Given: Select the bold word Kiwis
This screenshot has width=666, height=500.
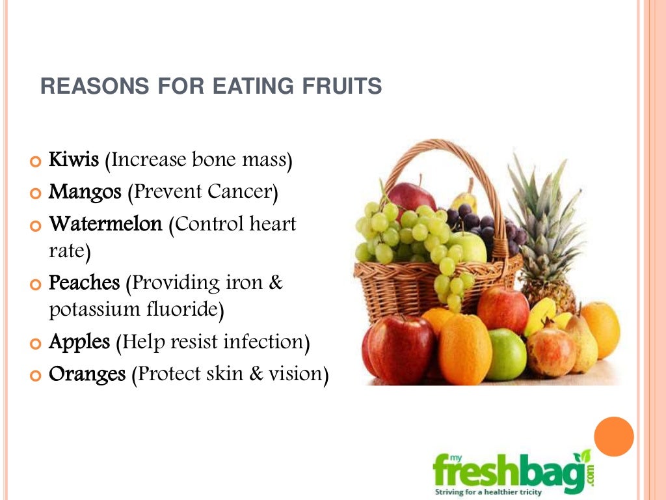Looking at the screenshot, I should (x=74, y=160).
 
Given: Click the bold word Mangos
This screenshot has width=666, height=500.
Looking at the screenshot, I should (x=85, y=192).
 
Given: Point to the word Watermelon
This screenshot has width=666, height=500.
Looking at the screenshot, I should (x=105, y=225).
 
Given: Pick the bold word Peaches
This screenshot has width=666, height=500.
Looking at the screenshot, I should (x=85, y=283).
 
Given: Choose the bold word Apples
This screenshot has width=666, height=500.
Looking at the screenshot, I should (x=80, y=342).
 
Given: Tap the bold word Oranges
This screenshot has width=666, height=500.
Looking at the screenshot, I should (x=87, y=375).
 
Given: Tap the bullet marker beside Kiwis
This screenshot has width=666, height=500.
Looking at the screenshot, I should (x=35, y=161).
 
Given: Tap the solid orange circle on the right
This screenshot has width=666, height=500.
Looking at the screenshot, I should (x=614, y=437).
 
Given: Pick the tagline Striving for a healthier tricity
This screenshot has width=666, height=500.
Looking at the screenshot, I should (x=488, y=492).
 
